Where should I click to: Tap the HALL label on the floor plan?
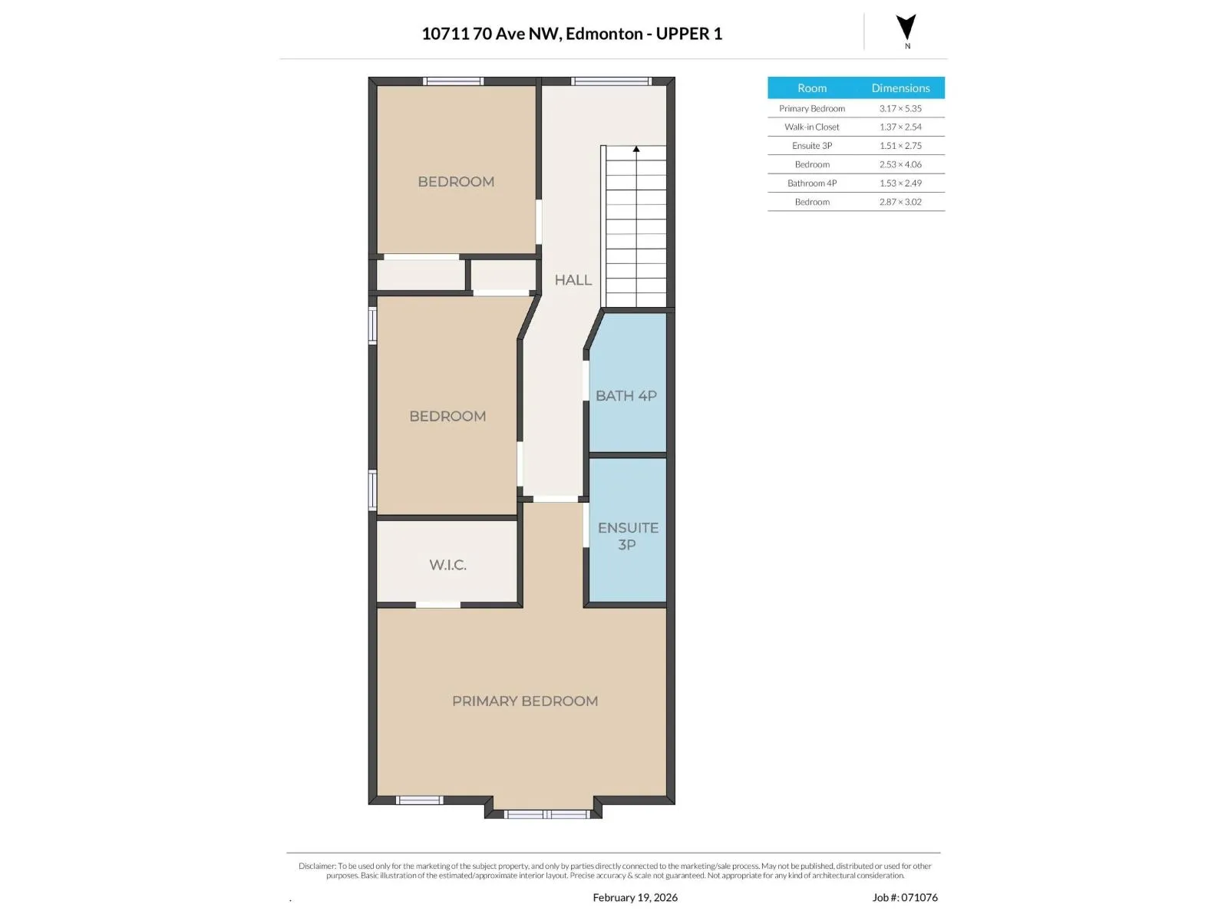click(x=573, y=280)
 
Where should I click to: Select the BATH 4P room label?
click(x=626, y=396)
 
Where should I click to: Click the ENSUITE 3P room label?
click(x=628, y=536)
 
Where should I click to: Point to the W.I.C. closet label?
click(x=447, y=565)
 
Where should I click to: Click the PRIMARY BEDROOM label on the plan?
click(x=525, y=701)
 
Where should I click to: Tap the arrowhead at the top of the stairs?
click(x=636, y=149)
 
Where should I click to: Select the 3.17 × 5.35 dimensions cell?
click(x=900, y=108)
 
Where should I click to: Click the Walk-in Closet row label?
click(x=812, y=127)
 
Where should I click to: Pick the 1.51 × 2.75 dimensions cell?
click(x=900, y=145)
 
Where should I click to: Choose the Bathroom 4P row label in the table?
click(x=812, y=183)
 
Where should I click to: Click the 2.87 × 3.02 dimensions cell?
click(x=900, y=202)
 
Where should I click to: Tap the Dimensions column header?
click(x=900, y=87)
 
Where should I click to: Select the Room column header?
click(x=812, y=87)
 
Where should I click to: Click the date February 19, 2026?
click(x=635, y=897)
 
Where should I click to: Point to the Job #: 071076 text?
click(x=905, y=897)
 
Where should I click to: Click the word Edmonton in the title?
click(x=604, y=34)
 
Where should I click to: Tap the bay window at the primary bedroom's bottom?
click(x=546, y=814)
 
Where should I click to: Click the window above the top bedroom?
click(x=453, y=81)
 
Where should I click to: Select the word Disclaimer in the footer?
click(x=317, y=866)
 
